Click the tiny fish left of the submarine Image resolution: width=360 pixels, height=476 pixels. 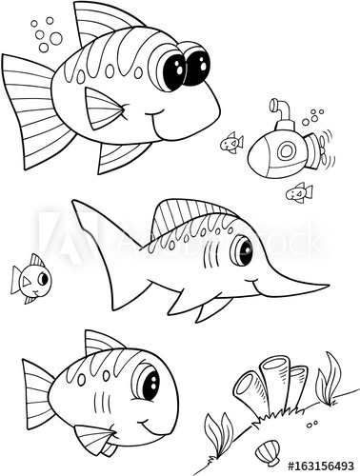[x=230, y=144]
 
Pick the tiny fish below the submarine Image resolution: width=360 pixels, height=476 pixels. [x=299, y=192]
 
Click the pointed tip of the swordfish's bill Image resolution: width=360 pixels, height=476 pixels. [x=327, y=285]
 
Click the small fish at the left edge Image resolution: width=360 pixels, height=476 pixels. [x=30, y=277]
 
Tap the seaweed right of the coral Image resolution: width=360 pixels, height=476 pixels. [x=329, y=377]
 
